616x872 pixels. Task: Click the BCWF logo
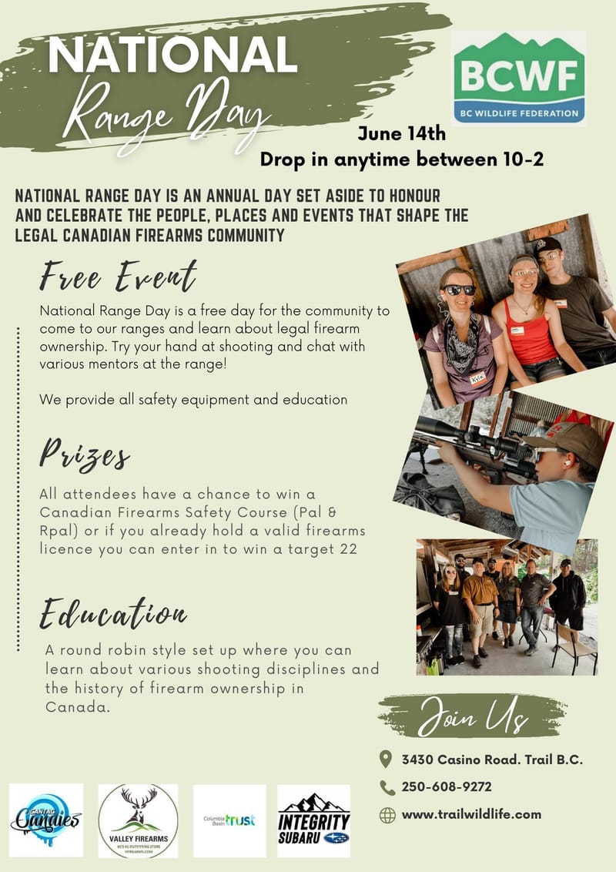(518, 78)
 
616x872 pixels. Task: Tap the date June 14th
(401, 133)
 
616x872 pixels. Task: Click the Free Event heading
(119, 276)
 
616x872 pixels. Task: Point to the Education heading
(113, 614)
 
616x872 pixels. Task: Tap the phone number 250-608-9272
(447, 786)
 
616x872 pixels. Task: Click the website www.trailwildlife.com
(471, 813)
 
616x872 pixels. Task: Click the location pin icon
(387, 760)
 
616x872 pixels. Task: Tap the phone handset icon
(387, 786)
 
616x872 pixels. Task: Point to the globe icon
(387, 814)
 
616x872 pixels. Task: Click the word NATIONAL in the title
(172, 55)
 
